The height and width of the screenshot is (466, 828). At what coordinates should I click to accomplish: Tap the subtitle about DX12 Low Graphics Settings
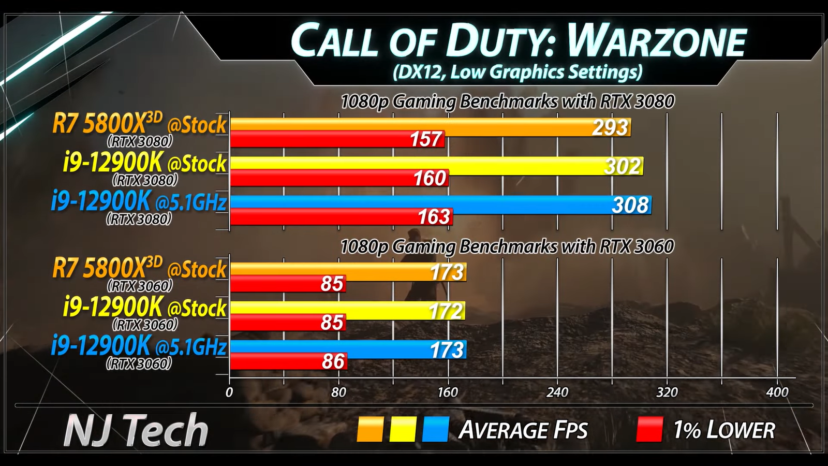click(517, 72)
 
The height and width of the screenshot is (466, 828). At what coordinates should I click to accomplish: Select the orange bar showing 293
click(430, 126)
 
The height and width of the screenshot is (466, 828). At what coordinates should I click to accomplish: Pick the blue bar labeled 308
click(440, 205)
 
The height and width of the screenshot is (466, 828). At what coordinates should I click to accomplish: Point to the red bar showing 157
click(337, 139)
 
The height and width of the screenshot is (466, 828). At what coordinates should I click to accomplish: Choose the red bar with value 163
click(341, 217)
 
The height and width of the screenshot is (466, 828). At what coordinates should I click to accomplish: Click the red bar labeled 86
click(288, 361)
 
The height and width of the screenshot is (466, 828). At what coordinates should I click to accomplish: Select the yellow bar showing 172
click(347, 310)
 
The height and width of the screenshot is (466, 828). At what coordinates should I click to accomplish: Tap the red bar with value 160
click(339, 178)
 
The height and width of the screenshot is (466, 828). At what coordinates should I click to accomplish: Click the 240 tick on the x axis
click(557, 392)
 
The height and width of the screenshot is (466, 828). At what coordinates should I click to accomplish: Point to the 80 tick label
click(338, 392)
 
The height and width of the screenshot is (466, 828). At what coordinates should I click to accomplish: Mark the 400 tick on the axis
click(777, 392)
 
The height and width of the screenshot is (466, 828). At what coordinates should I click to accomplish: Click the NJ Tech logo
click(136, 430)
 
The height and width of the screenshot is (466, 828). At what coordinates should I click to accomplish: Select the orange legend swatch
click(370, 430)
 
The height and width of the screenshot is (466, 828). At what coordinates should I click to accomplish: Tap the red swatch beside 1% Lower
click(649, 430)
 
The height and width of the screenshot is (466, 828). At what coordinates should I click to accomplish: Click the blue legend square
click(435, 430)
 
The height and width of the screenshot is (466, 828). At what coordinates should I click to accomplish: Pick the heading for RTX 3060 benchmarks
click(507, 246)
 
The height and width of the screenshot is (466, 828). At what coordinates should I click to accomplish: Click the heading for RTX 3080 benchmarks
click(507, 101)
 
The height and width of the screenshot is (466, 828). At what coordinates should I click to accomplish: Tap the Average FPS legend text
click(523, 430)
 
